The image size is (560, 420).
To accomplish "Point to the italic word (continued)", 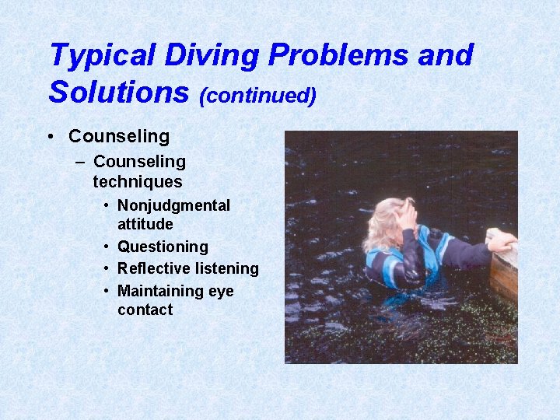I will pyautogui.click(x=257, y=95).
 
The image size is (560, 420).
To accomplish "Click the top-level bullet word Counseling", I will pyautogui.click(x=118, y=136).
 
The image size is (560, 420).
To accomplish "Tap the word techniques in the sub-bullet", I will pyautogui.click(x=137, y=182).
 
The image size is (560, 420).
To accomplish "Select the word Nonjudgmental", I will pyautogui.click(x=173, y=206).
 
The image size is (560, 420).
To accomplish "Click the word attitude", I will pyautogui.click(x=145, y=224).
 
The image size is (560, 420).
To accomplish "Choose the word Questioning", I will pyautogui.click(x=163, y=247).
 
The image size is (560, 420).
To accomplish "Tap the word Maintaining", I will pyautogui.click(x=159, y=291).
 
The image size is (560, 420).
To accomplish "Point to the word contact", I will pyautogui.click(x=145, y=310).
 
